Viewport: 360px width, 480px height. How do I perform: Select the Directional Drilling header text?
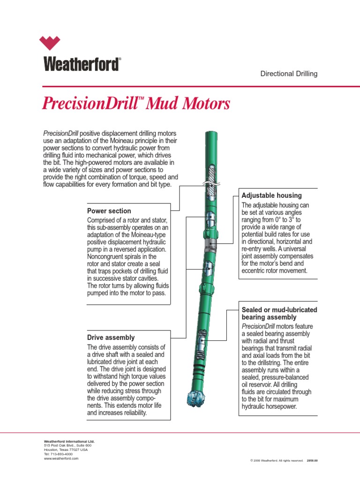(x=289, y=74)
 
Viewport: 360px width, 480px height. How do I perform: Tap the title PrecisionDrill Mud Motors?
(x=136, y=103)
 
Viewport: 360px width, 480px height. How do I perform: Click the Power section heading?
(x=109, y=211)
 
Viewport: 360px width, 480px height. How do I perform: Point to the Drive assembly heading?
(x=111, y=337)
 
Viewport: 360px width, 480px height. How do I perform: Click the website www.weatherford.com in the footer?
(x=61, y=458)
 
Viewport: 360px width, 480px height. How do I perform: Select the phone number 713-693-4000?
(x=60, y=454)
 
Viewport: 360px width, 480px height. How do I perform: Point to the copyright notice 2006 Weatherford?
(x=277, y=461)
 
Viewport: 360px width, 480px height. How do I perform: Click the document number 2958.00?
(x=312, y=461)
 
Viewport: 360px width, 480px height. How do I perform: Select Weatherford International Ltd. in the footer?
(x=69, y=441)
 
